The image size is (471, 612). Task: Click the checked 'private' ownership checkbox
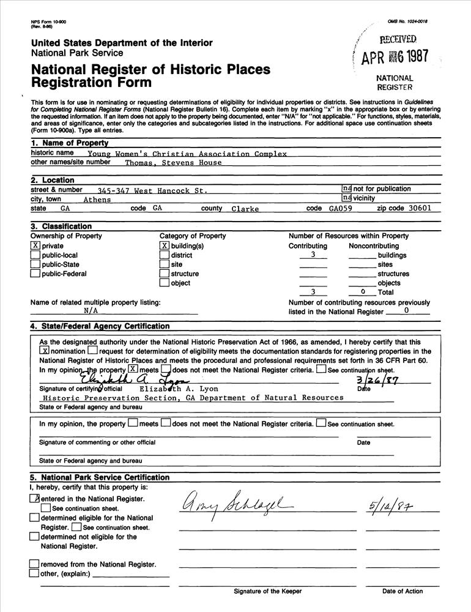coord(35,246)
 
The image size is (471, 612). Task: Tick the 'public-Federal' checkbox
coord(35,274)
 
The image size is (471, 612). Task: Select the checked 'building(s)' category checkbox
coord(165,246)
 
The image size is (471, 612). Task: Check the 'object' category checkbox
coord(165,283)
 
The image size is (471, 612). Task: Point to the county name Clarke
coord(245,209)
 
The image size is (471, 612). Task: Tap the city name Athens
coord(97,200)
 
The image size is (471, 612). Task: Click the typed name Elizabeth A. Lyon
coord(179,389)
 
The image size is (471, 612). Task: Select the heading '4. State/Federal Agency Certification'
coord(100,326)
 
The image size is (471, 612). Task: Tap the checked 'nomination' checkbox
coord(43,351)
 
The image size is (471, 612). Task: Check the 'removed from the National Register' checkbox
coord(34,564)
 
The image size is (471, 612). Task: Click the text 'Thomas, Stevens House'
coord(173,163)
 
